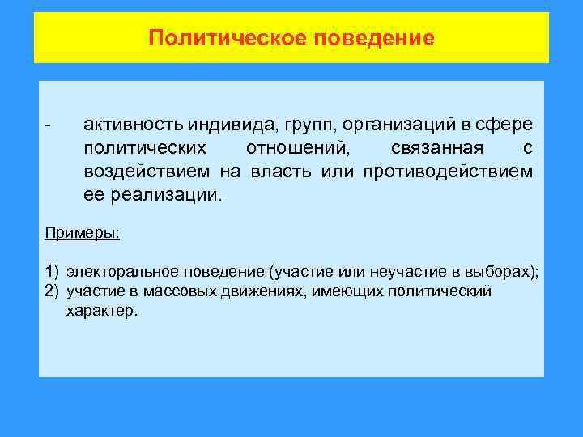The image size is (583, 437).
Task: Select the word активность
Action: (x=133, y=126)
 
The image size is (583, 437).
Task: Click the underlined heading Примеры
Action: (x=82, y=233)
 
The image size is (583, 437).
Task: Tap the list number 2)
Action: (x=52, y=291)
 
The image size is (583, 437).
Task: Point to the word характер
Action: (x=103, y=310)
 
